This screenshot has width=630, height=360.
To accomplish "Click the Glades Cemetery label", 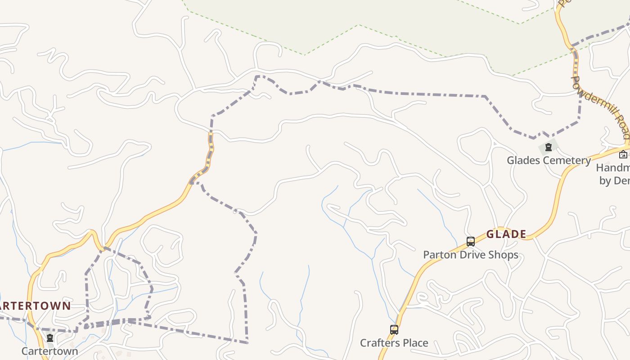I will point(549,160).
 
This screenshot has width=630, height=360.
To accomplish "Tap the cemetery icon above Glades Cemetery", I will point(548,147).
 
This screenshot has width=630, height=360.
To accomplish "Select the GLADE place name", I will point(506,234).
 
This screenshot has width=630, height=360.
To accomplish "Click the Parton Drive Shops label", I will point(470,255).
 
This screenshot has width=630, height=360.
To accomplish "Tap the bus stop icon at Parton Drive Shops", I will point(470,242).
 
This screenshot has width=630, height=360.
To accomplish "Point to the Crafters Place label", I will point(394,343).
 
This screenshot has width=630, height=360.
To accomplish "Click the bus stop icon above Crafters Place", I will point(394,330).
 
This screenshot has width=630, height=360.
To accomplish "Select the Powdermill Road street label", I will point(601,107).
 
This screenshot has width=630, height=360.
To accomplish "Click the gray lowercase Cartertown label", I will point(49,351).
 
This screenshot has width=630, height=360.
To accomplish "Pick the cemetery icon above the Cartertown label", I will point(50,338).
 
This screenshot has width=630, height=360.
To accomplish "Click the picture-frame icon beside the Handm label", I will point(623,155).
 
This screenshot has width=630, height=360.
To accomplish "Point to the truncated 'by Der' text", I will point(614,180).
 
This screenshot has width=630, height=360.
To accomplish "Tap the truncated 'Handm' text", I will point(613,168).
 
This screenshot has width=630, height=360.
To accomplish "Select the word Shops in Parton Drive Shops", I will point(504,255).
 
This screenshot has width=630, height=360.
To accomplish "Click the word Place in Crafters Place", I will point(415,343).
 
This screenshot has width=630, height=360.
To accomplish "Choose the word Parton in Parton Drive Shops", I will point(438,255).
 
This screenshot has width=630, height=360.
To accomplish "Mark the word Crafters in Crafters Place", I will point(379,343).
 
